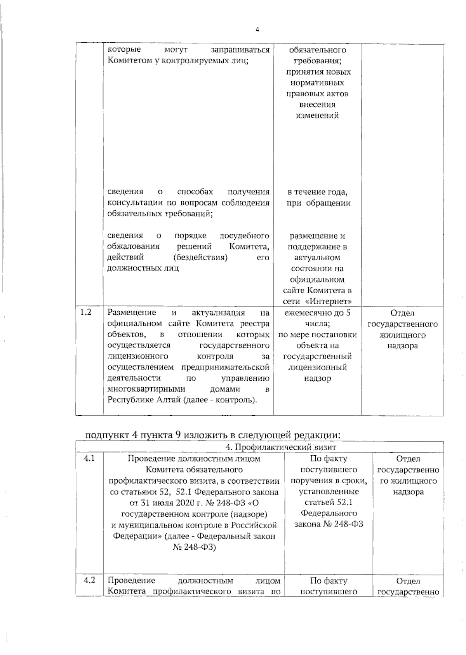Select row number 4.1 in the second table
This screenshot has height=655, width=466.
coord(89,459)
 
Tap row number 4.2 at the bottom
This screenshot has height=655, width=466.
coord(89,581)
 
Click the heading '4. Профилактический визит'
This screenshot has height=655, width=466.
coord(281,447)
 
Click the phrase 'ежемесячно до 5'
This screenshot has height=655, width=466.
coord(317,313)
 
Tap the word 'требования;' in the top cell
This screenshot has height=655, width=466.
coord(317,61)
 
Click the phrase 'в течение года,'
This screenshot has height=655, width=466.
coord(317,192)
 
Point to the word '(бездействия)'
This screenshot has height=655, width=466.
coord(200,257)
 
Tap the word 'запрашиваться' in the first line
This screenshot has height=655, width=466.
coord(240,50)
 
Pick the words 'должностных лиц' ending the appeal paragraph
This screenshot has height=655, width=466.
coord(143,268)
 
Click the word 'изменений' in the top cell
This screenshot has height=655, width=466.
coord(317,115)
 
